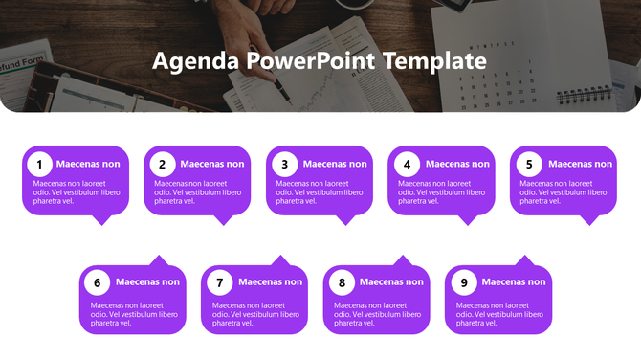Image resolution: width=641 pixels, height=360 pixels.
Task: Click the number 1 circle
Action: click(x=39, y=164)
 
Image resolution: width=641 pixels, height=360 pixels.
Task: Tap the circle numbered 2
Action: click(x=163, y=164)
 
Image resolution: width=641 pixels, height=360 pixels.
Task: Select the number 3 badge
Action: click(x=285, y=164)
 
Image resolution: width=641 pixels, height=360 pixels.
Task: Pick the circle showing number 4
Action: click(x=408, y=164)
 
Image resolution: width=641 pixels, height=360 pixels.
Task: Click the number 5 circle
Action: click(x=530, y=164)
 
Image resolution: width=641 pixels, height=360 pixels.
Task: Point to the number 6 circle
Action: click(x=97, y=282)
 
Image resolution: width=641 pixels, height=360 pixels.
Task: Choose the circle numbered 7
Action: click(x=219, y=282)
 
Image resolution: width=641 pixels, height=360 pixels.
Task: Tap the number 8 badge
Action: click(x=342, y=282)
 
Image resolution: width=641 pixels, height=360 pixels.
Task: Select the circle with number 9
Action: click(x=464, y=282)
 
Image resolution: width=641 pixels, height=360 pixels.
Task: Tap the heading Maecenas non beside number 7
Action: click(x=270, y=282)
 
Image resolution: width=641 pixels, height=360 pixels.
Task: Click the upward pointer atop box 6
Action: click(x=158, y=260)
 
